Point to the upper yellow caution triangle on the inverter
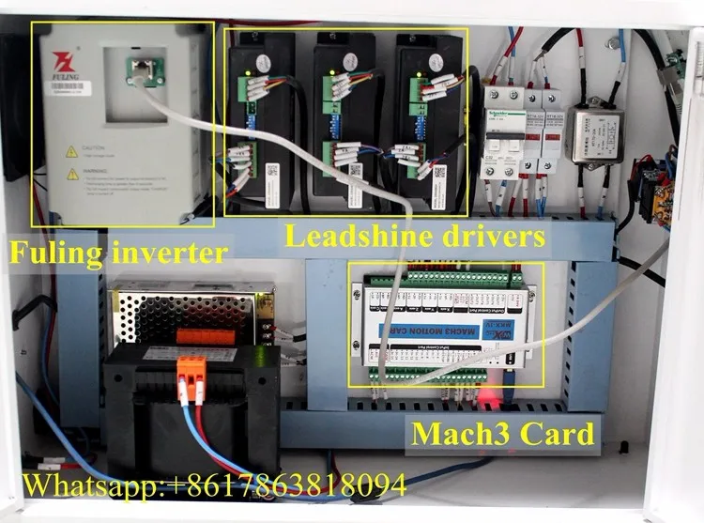[72, 150]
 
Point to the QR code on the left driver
[272, 173]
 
